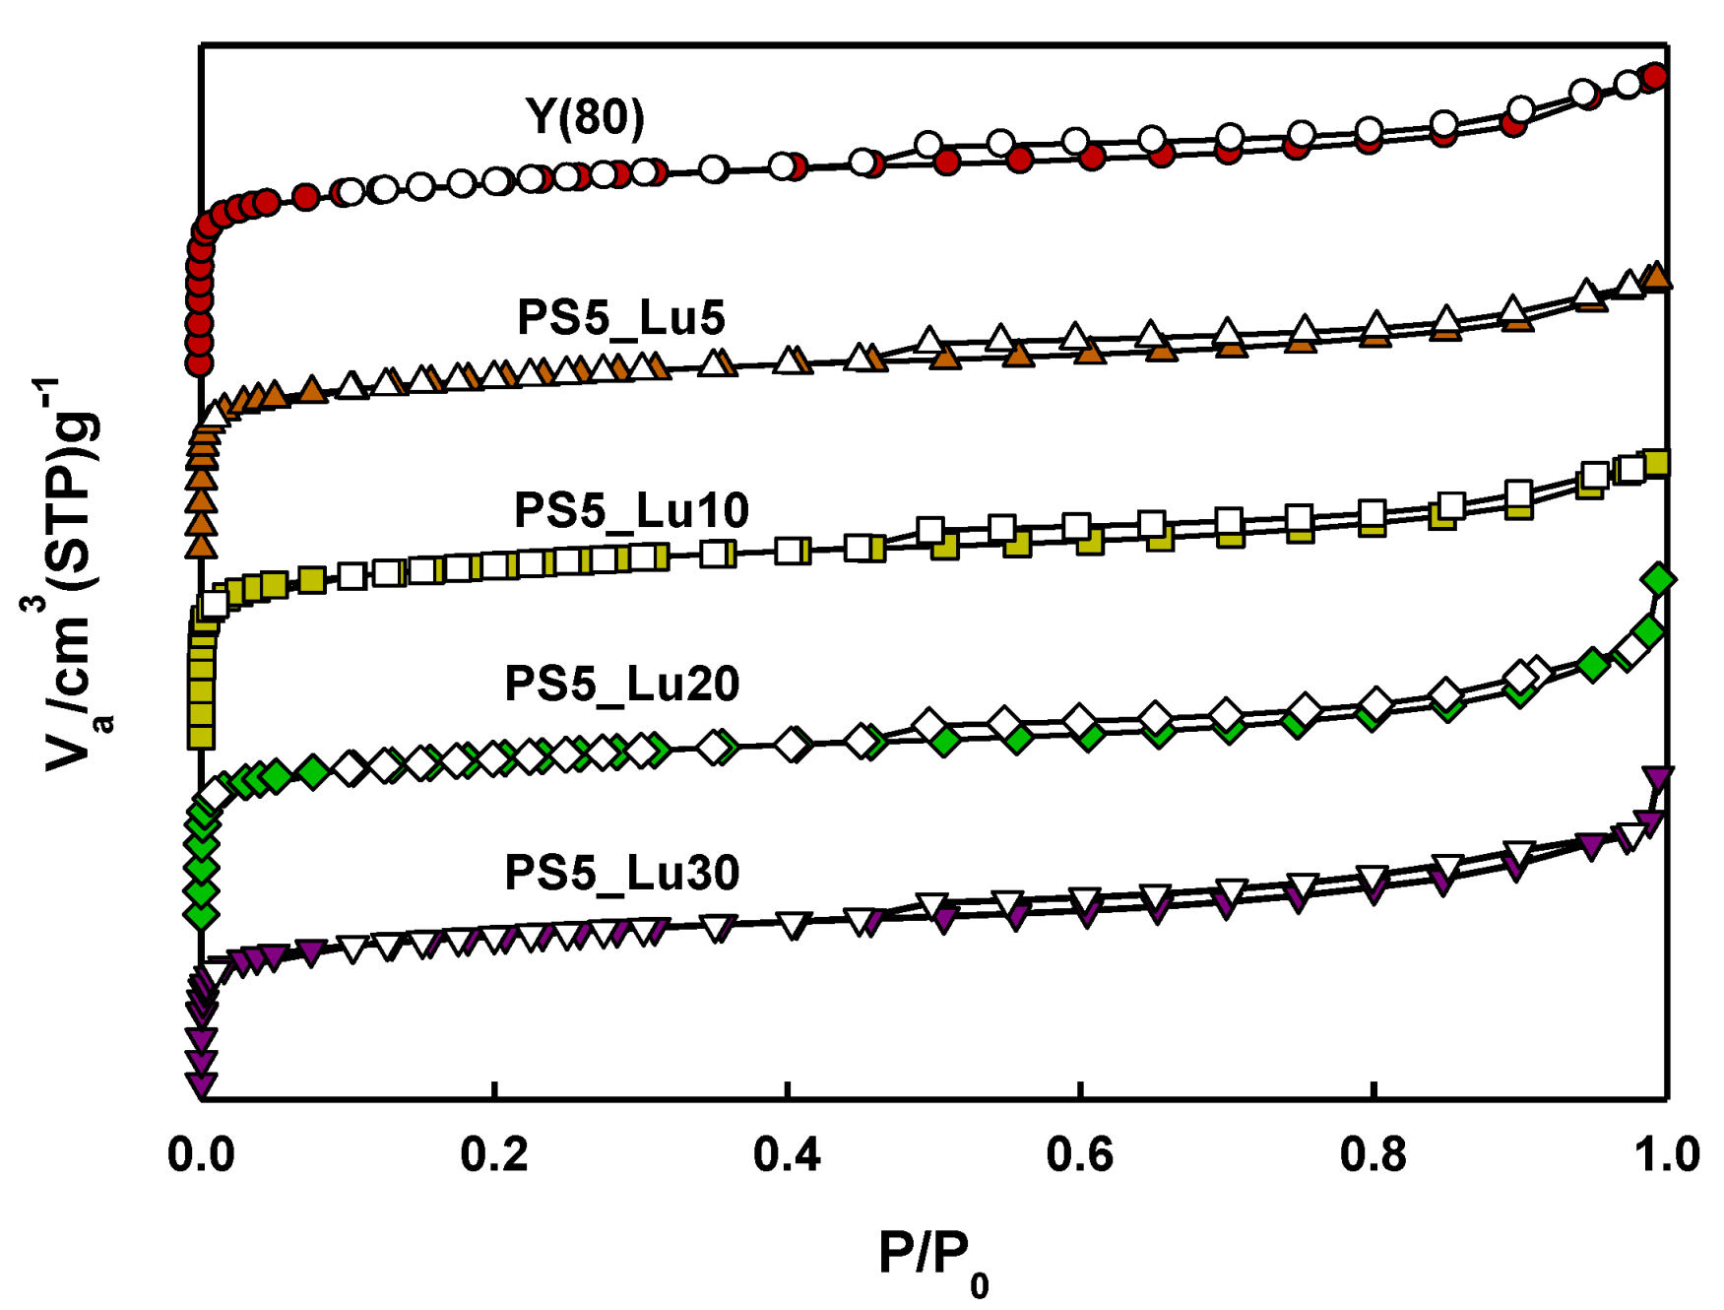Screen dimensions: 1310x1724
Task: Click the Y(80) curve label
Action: pos(585,116)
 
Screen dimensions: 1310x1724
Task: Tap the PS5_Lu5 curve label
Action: pos(620,317)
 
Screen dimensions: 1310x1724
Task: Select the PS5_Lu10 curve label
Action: pos(631,510)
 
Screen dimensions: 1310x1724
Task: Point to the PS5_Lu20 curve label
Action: pos(621,684)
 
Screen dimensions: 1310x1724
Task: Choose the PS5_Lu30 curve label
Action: pos(621,873)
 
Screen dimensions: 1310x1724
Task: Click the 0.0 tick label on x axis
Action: pos(201,1154)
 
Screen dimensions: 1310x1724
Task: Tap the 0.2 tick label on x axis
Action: pos(494,1154)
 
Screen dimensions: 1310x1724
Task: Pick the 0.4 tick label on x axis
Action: pos(787,1154)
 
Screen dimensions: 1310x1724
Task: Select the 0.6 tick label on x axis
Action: pos(1080,1154)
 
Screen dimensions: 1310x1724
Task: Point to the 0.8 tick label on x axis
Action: pos(1373,1154)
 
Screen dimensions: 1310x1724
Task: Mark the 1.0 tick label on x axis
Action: pos(1667,1154)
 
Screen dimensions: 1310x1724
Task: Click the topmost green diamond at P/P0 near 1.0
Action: pos(1659,579)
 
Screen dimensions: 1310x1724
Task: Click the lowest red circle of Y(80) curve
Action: pos(200,363)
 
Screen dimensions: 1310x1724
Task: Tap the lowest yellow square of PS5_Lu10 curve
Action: pos(201,735)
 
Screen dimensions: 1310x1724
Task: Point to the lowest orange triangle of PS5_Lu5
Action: pos(201,545)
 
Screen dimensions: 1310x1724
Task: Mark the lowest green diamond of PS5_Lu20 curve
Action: pos(201,915)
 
